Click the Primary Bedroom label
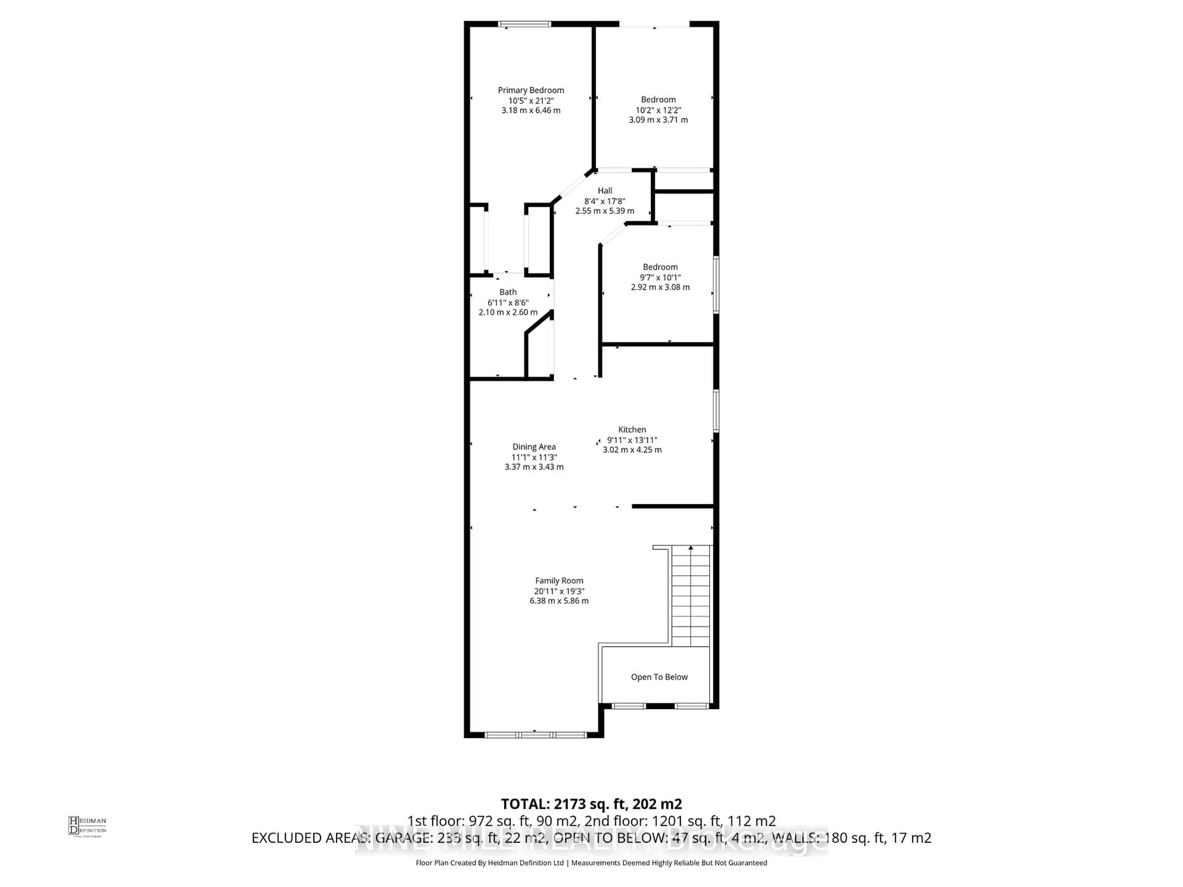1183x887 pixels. tap(531, 90)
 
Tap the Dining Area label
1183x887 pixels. tap(534, 447)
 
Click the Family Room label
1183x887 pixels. tap(559, 581)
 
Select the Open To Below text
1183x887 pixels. tap(659, 677)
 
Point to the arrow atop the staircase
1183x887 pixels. tap(690, 548)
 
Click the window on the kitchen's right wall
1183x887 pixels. tap(716, 410)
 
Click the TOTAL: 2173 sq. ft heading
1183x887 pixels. tap(591, 804)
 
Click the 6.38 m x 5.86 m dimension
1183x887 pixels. tap(559, 601)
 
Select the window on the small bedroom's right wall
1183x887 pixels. tap(716, 285)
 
